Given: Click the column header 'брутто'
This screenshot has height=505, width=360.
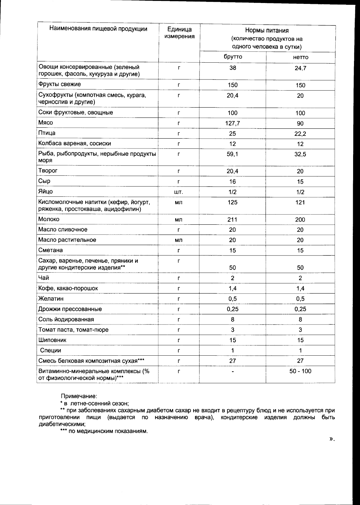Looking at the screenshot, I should coord(233,57).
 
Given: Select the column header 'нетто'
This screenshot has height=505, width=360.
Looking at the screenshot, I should coord(300,57).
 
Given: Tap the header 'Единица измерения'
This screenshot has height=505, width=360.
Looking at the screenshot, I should coord(179,33).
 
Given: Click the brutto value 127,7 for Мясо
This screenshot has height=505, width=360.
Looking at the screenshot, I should coord(232,123).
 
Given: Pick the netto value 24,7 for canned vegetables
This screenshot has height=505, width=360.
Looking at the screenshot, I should coord(300,68).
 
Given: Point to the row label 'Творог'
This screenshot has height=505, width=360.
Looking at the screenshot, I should coord(48,171).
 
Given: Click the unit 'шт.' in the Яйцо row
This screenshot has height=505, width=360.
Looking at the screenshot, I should coord(178,192).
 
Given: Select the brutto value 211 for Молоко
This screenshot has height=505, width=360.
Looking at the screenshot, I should coord(232,220).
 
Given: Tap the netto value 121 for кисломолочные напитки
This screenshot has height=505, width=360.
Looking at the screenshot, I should coord(300,202).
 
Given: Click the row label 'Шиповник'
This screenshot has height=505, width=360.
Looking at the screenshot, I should coord(52,340).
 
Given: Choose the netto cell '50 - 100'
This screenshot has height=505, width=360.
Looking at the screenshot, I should coord(300,371).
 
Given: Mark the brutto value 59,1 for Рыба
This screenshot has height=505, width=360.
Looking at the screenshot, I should coord(232,154).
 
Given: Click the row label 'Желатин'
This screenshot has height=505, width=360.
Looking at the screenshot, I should coord(51,299).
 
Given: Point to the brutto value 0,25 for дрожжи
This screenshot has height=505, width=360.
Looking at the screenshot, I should coord(232,309).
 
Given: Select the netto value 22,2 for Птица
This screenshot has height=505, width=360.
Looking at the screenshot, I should coord(300,134).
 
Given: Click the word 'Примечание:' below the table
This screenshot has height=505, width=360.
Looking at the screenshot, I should coord(79,396).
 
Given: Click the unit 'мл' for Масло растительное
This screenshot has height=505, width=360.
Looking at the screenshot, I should coord(178,240).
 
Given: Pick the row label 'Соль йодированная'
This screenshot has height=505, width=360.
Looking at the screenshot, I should coord(66,319).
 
